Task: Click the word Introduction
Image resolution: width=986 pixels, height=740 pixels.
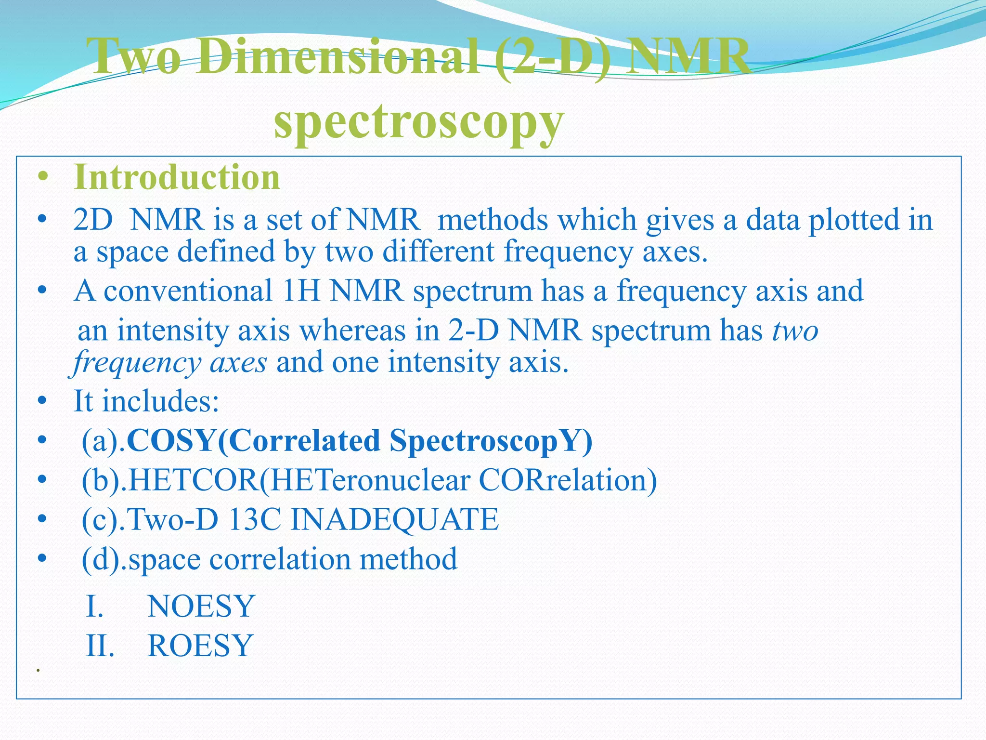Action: coord(177,178)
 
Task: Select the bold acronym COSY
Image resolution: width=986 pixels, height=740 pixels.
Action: coord(170,441)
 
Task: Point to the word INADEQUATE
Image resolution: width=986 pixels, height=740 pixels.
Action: coord(395,520)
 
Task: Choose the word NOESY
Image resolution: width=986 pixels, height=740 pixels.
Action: coord(201,606)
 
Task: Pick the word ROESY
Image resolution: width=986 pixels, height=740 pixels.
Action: coord(200,646)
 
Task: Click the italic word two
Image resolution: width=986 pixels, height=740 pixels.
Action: coord(795,331)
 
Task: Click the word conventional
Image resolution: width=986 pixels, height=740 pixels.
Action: coord(188,292)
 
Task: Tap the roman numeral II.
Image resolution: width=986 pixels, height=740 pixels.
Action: coord(100,646)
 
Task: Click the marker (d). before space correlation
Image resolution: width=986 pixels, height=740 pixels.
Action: coord(104,559)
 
